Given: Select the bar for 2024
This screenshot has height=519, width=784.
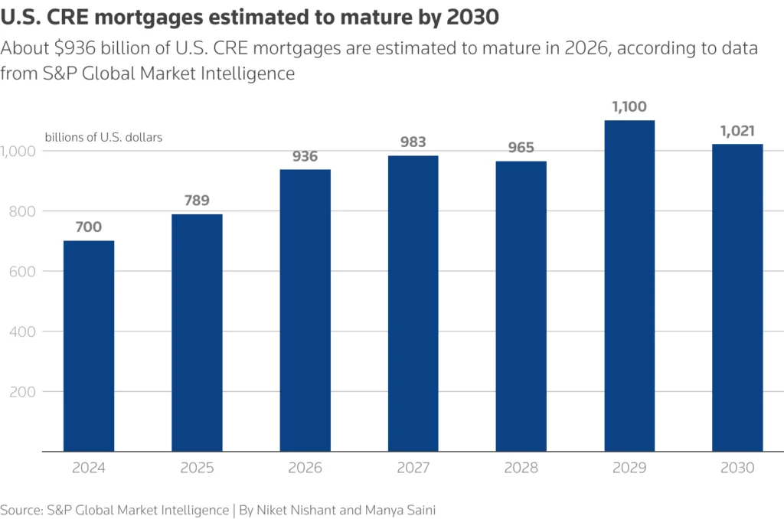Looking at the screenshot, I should click(89, 346).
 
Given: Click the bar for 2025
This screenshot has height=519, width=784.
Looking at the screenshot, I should click(197, 332).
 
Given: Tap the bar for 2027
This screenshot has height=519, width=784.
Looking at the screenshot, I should click(413, 303).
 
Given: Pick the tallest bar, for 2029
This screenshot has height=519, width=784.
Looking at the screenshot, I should click(629, 286).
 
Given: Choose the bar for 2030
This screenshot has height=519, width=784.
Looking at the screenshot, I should click(737, 298).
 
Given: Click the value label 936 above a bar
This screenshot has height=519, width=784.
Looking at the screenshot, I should click(305, 156).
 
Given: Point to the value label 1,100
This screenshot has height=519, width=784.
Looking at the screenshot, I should click(629, 107).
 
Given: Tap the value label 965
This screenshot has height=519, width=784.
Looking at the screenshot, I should click(521, 148).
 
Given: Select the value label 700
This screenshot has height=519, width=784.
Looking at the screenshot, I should click(89, 227).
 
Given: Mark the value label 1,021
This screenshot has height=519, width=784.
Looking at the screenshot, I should click(737, 131).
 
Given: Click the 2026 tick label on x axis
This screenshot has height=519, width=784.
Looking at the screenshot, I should click(305, 468).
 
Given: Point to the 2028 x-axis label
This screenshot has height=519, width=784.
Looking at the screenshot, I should click(521, 468).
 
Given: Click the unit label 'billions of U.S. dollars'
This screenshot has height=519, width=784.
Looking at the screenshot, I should click(103, 138).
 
